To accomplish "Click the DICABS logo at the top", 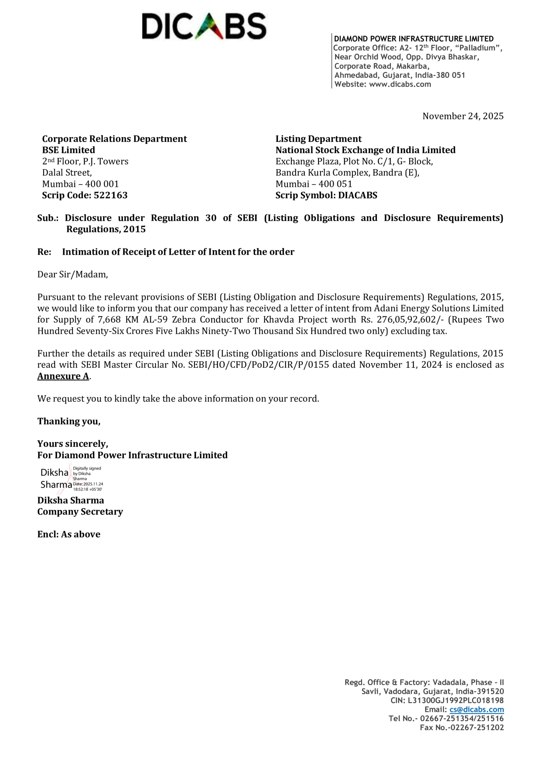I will coord(204,26).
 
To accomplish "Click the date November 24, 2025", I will coord(463,116).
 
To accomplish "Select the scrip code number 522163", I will coord(111,195).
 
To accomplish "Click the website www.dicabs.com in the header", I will coord(400,84).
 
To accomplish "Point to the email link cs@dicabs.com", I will coord(477,710).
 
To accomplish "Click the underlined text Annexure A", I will coord(63,376).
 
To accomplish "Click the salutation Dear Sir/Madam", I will coord(73,274).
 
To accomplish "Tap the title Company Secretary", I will coord(80,511).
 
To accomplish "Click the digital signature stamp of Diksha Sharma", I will coord(71,479).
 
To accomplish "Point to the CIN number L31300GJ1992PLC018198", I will coord(456,700).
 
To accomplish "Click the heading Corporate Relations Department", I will coord(114,139).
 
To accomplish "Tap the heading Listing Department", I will coord(318,139).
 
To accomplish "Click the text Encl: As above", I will coord(69,534).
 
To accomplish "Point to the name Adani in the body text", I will coord(386,308).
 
